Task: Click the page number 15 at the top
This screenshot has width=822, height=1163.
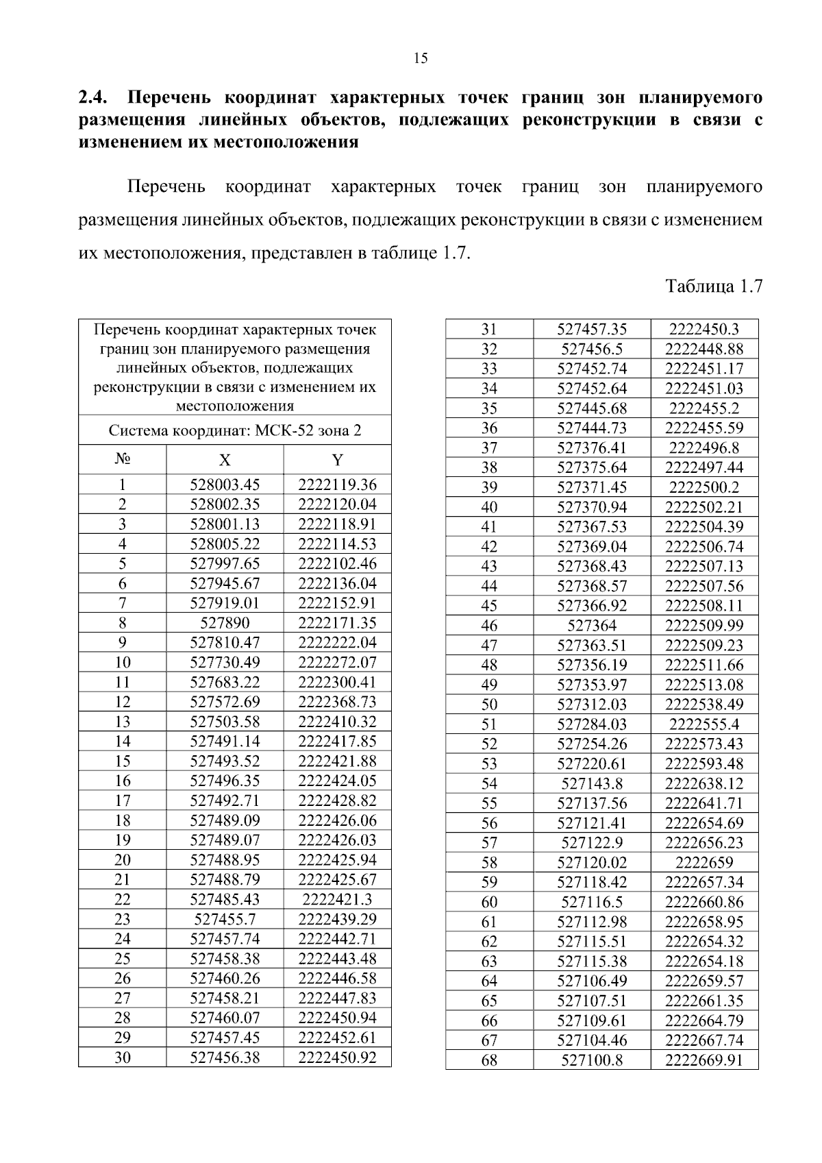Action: (x=421, y=58)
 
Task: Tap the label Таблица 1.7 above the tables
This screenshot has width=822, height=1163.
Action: (x=714, y=286)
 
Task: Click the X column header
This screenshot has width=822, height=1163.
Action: (x=225, y=461)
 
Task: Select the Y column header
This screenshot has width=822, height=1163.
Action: (x=337, y=461)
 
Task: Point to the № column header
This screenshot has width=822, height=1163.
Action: (x=122, y=458)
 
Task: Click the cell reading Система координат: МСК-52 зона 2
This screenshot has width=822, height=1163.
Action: (x=235, y=431)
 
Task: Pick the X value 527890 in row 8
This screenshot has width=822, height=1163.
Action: (x=225, y=623)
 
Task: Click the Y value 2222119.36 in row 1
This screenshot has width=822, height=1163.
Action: (x=337, y=485)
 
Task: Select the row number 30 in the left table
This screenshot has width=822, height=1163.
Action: (x=122, y=1057)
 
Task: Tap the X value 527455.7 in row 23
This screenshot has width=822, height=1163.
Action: (x=225, y=919)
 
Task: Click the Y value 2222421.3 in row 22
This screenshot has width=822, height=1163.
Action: (x=337, y=899)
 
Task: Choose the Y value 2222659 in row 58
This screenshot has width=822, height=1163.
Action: (x=703, y=862)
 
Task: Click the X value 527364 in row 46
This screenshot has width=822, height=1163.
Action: (x=592, y=625)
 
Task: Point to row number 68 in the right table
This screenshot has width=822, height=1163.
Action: (x=489, y=1060)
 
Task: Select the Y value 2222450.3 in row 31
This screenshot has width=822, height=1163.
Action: (x=703, y=329)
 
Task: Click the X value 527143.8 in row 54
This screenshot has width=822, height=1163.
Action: (x=592, y=783)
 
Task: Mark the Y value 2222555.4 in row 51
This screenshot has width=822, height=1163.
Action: (x=703, y=724)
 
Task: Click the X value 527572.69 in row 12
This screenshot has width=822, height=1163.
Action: (x=225, y=702)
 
